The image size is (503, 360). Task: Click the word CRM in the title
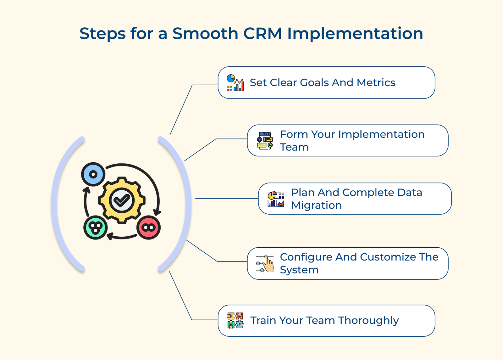[x=263, y=33]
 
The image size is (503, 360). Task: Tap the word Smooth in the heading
[x=205, y=33]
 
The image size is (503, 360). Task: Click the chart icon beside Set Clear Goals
[x=235, y=83]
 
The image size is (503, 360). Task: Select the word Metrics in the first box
[x=376, y=82]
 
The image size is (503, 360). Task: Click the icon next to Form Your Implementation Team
[x=265, y=141]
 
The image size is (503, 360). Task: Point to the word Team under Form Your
[x=294, y=147]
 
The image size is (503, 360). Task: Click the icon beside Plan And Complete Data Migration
[x=276, y=199]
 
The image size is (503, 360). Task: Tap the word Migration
[x=316, y=205]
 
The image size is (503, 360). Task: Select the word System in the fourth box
[x=299, y=270]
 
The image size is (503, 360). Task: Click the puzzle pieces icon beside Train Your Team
[x=235, y=320]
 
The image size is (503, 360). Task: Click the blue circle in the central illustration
[x=93, y=174]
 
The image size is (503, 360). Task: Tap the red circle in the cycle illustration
[x=149, y=227]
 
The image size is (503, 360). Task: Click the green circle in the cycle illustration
[x=96, y=227]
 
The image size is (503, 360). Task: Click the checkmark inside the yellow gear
[x=122, y=200]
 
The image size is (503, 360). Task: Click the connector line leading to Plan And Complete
[x=226, y=199]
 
